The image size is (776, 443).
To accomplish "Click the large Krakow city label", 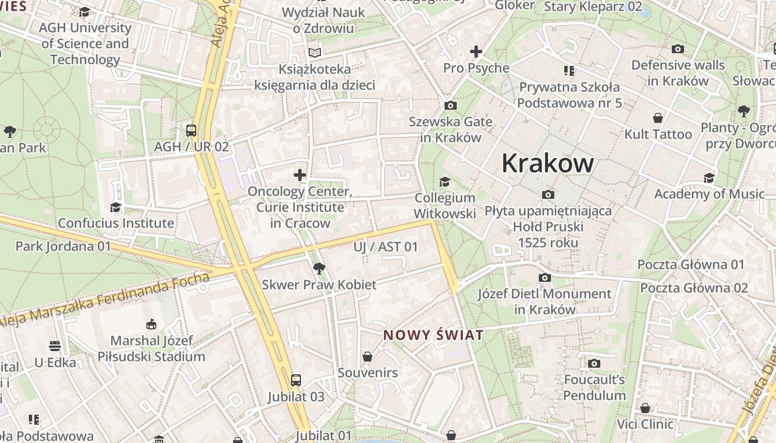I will tap(548, 163).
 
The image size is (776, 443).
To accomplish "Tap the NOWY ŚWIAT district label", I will tap(433, 335).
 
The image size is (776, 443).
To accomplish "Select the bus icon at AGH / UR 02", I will tap(191, 131).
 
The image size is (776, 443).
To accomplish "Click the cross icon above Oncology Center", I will tap(300, 176).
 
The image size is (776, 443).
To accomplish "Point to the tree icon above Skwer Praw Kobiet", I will tap(319, 269).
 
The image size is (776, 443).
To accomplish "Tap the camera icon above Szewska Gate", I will tap(451, 105).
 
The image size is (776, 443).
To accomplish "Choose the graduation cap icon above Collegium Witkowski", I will tap(445, 182).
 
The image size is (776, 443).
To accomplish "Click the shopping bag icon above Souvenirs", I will tap(367, 357).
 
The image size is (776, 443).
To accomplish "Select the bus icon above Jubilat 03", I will tap(296, 380).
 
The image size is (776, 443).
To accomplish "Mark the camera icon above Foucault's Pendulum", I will tap(594, 363).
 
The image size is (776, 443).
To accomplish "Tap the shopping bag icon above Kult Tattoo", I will tap(658, 118).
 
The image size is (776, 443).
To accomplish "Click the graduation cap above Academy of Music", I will tap(709, 178).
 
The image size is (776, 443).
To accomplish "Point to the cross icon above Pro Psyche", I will tap(476, 51).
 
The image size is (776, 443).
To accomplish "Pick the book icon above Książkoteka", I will tap(315, 53).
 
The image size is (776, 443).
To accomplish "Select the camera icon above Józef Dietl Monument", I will tap(545, 277).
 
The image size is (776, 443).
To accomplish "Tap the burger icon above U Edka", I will tap(55, 346).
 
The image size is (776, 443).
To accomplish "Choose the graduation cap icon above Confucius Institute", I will tap(115, 207).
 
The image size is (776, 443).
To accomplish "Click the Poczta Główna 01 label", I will tap(691, 264).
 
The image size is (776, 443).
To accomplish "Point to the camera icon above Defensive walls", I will tap(677, 49).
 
